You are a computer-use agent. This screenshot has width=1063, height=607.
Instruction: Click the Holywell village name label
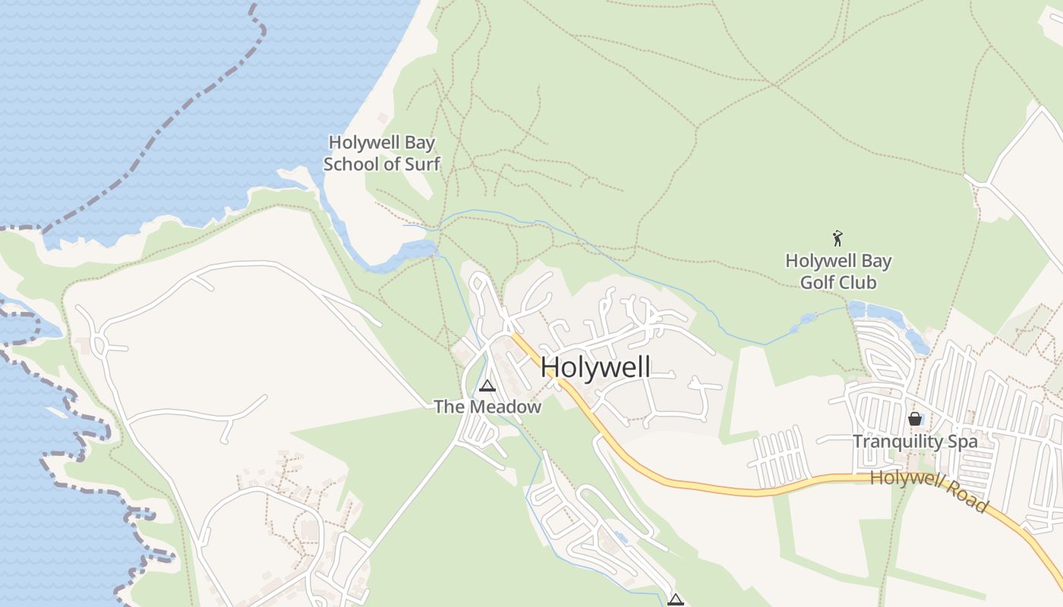pyautogui.click(x=595, y=367)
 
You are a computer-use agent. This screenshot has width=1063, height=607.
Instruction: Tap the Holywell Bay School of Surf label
pyautogui.click(x=381, y=153)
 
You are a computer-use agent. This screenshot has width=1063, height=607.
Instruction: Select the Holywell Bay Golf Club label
pyautogui.click(x=838, y=272)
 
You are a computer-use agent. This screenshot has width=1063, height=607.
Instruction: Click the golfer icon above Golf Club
pyautogui.click(x=837, y=238)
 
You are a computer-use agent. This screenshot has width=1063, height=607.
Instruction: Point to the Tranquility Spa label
pyautogui.click(x=915, y=442)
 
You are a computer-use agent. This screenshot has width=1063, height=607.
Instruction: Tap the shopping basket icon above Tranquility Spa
pyautogui.click(x=915, y=419)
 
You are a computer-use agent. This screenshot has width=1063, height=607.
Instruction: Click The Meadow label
pyautogui.click(x=487, y=407)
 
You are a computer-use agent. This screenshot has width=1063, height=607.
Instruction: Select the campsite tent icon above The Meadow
pyautogui.click(x=487, y=385)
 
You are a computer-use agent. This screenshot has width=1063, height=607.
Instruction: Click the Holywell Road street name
pyautogui.click(x=929, y=490)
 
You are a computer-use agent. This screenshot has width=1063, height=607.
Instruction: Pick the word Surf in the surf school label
pyautogui.click(x=421, y=164)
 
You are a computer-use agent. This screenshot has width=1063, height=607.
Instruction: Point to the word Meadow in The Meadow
pyautogui.click(x=504, y=407)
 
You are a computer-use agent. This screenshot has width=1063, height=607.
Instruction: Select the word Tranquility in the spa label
pyautogui.click(x=897, y=442)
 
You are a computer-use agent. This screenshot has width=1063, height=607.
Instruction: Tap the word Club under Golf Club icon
pyautogui.click(x=859, y=283)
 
